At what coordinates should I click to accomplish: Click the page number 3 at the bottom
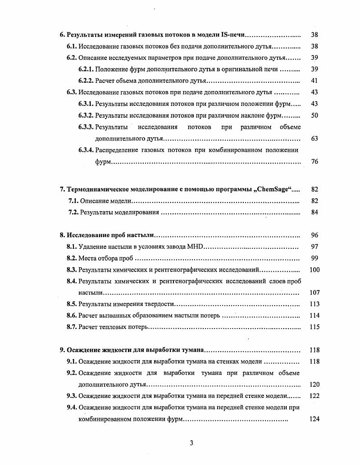coord(191,443)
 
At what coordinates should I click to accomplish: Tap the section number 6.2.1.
coord(86,69)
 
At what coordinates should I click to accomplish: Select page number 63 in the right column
coord(314,138)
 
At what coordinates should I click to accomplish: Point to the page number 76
coord(314,161)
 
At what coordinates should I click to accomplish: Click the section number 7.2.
coord(73,212)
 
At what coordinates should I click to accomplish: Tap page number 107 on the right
coord(314,292)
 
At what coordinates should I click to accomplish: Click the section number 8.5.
coord(72,304)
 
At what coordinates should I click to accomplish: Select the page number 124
coord(314,419)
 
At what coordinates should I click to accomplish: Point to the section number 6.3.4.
coord(86,150)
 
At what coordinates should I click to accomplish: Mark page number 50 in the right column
coord(314,115)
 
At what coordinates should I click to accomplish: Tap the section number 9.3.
coord(72,396)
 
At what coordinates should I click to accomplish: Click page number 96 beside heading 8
coord(314,235)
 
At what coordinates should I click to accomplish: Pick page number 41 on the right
coord(314,81)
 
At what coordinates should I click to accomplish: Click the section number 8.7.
coord(72,327)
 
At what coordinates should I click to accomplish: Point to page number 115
coord(314,327)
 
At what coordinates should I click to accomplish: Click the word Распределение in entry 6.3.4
coord(118,150)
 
